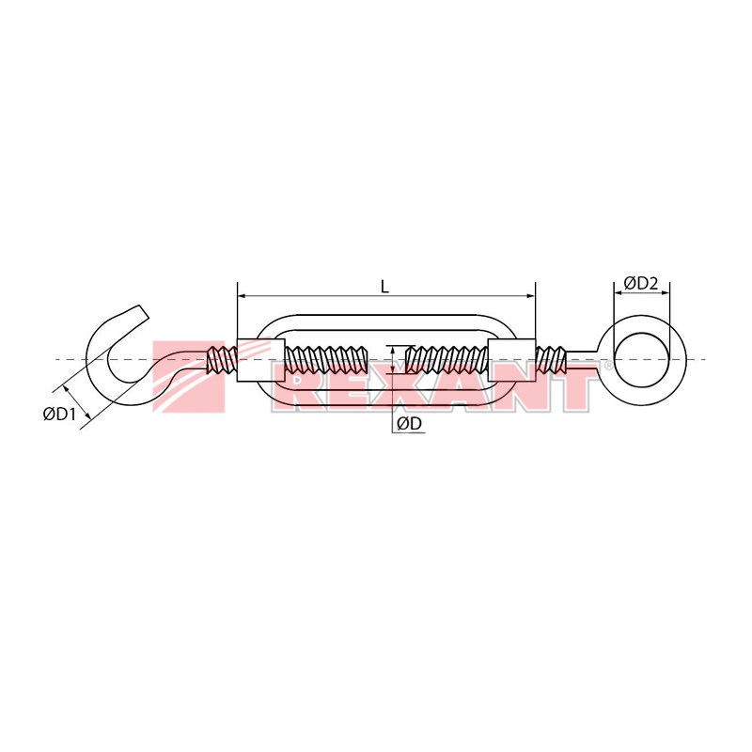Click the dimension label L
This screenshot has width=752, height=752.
click(x=384, y=287)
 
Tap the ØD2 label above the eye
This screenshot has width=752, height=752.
click(x=641, y=284)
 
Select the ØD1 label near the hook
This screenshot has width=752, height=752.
click(x=59, y=414)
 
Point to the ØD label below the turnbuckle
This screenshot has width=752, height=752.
click(x=409, y=424)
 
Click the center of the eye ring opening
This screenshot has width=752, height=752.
click(x=641, y=359)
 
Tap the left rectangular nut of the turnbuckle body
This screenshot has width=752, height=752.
click(x=261, y=360)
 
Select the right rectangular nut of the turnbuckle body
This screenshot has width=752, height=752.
click(x=511, y=360)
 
